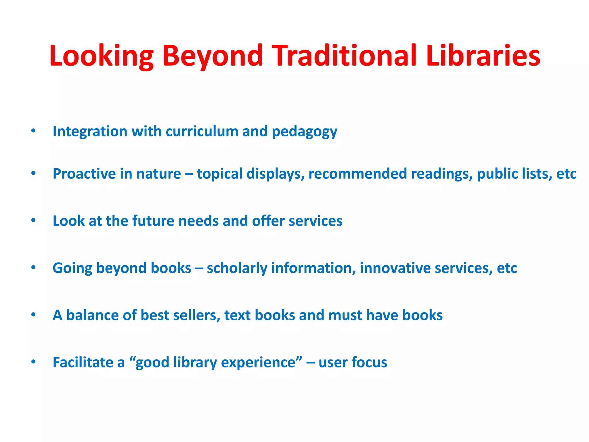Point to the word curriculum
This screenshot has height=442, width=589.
point(202,132)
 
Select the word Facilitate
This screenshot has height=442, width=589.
point(83,362)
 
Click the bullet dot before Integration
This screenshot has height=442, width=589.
point(33,131)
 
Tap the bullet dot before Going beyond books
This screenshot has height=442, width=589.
point(33,268)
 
